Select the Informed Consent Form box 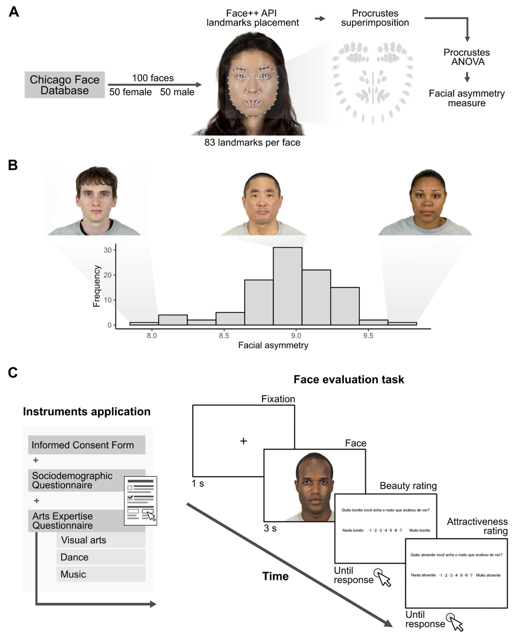point(87,445)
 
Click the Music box point(101,574)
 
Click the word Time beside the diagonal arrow point(275,576)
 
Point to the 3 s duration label point(270,528)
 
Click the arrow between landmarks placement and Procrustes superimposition point(320,18)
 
